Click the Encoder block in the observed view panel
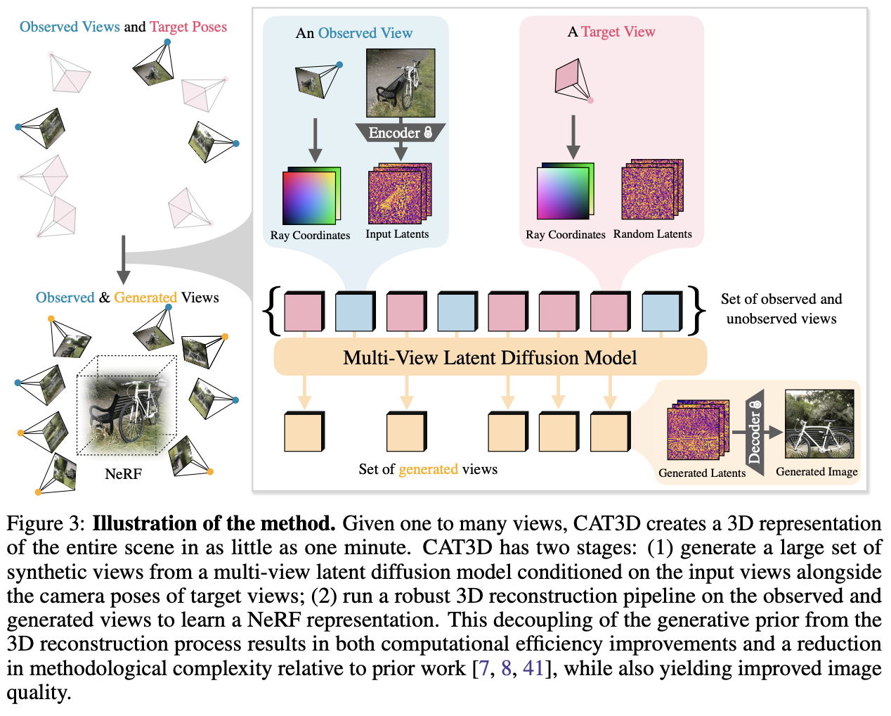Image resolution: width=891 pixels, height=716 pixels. (400, 132)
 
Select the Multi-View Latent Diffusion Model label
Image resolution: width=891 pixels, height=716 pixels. (490, 357)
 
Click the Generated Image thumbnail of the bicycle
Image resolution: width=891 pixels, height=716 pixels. (819, 425)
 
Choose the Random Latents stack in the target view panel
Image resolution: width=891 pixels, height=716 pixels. (651, 190)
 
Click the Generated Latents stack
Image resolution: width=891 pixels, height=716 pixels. (698, 431)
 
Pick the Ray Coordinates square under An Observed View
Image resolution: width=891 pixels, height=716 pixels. (311, 196)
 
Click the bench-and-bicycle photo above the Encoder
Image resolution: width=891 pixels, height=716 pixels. (401, 82)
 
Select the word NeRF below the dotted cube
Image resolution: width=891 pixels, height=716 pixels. (123, 474)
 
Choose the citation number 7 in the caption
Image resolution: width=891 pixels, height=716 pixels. (483, 667)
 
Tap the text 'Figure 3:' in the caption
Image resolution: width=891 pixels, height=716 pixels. (46, 523)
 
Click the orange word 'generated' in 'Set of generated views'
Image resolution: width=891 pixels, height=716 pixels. (428, 469)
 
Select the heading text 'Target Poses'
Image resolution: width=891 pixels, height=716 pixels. (188, 27)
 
